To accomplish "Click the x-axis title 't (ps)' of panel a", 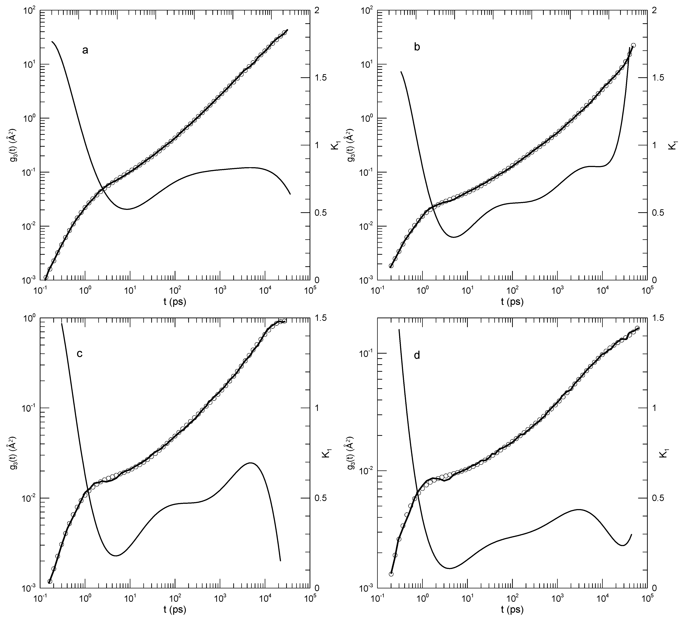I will [175, 302].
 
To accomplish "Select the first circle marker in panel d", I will [391, 574].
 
